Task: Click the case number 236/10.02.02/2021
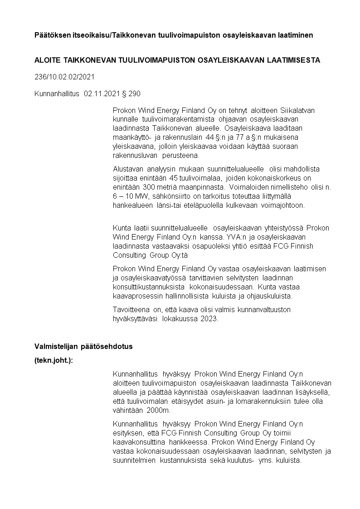[x=64, y=77]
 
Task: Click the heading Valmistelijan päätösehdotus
[x=83, y=346]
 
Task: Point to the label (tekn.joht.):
[x=54, y=361]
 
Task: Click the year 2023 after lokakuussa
[x=209, y=318]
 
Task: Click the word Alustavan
[x=128, y=168]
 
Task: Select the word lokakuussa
[x=177, y=318]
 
